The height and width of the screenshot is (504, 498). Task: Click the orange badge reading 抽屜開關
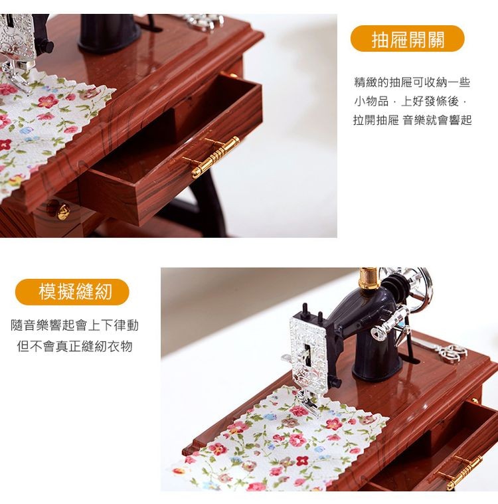pos(408,39)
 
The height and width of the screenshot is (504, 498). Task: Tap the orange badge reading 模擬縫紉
pos(73,292)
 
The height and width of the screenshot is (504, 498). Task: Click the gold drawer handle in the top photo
pos(214,157)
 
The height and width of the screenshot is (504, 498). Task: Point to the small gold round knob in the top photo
pos(62,212)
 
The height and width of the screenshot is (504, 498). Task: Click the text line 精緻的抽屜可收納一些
pos(412,83)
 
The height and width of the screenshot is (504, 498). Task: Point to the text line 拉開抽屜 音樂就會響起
pos(412,120)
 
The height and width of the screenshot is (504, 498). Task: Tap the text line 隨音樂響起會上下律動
pos(75,326)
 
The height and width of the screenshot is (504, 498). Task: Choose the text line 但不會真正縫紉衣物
pos(75,346)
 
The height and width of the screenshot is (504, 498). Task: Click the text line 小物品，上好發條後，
pos(412,102)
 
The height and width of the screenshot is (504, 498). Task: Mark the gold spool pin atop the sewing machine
pos(369,278)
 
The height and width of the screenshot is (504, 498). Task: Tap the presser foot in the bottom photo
pos(307,398)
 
